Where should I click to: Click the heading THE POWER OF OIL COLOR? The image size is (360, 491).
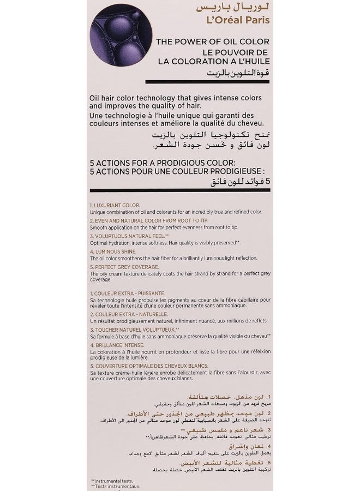(x=205, y=41)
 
